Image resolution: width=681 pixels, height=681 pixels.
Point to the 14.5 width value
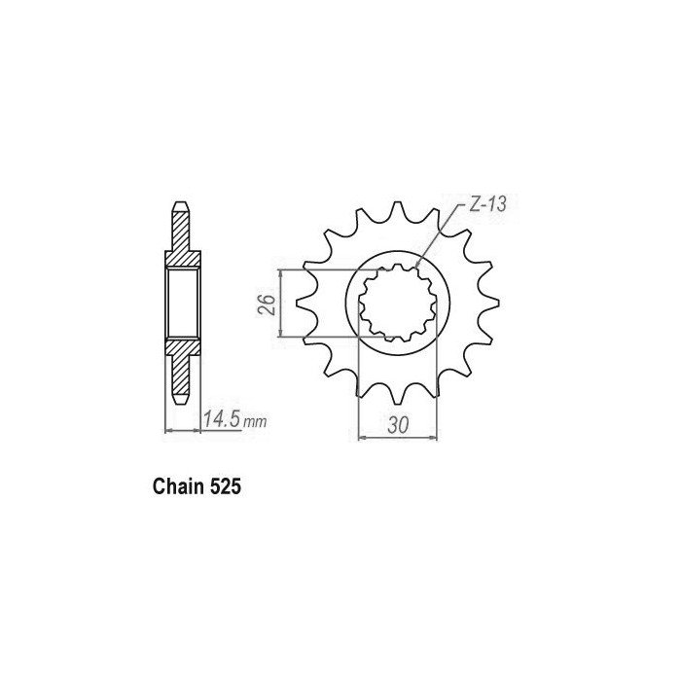(x=222, y=420)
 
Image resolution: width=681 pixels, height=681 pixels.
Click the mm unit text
(x=255, y=423)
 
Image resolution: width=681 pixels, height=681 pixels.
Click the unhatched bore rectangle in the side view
(x=183, y=303)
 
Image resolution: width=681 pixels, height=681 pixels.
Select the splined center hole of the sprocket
(x=398, y=303)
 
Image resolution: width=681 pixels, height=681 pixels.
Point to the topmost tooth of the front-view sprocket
(x=396, y=211)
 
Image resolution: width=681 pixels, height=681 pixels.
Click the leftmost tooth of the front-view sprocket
(x=304, y=303)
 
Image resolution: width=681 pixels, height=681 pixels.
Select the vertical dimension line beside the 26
(x=281, y=303)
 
